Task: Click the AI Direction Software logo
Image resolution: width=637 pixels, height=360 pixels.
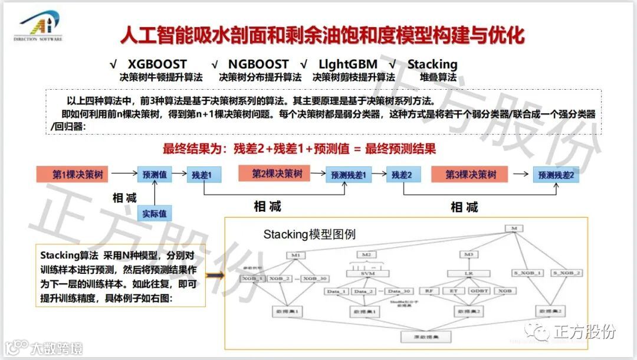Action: tap(38, 26)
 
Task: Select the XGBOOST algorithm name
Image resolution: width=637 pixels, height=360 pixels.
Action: tap(157, 64)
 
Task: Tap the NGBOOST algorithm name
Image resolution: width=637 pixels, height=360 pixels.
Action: tap(258, 64)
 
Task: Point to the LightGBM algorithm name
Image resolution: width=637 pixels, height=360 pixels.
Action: tap(347, 64)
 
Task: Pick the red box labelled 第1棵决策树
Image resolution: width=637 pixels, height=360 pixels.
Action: tap(77, 174)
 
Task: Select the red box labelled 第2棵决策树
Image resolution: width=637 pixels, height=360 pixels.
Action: tap(277, 174)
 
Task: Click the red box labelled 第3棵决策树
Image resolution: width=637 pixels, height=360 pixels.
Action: tap(471, 174)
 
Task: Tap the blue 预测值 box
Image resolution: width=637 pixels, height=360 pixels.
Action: tap(155, 175)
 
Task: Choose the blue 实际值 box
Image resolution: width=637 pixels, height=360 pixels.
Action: tap(155, 213)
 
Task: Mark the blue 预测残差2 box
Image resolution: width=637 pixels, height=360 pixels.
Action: tap(555, 175)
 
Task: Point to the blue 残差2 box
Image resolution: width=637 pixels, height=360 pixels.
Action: tap(402, 175)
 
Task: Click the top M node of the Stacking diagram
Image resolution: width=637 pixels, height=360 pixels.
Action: tap(514, 228)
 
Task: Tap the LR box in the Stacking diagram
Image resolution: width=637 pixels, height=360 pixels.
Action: tap(469, 273)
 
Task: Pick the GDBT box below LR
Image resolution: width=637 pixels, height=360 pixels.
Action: tap(478, 291)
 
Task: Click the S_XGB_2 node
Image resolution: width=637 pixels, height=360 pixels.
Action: tap(567, 273)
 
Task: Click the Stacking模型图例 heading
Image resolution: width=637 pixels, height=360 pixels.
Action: tap(309, 234)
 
